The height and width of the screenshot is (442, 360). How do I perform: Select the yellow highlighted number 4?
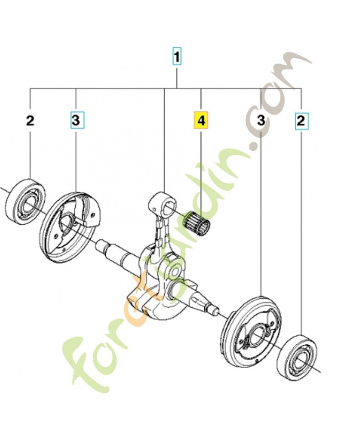click(x=201, y=120)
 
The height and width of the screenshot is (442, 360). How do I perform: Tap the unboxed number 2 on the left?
click(x=30, y=120)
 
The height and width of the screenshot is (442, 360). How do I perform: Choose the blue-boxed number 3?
click(x=76, y=120)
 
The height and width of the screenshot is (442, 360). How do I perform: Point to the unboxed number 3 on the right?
click(x=261, y=120)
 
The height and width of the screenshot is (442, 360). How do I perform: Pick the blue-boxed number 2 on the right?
click(x=301, y=121)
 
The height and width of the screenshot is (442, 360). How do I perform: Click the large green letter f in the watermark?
click(x=82, y=358)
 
